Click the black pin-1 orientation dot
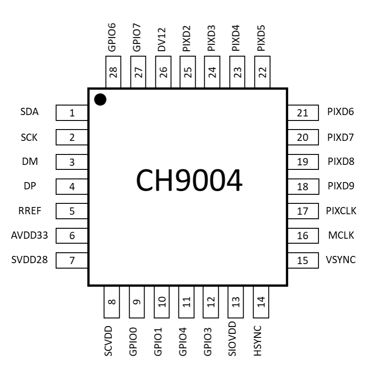click(x=100, y=99)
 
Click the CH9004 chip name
click(x=189, y=181)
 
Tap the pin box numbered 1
click(x=72, y=113)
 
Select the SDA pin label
click(x=29, y=112)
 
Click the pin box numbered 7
click(x=72, y=260)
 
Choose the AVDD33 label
click(x=29, y=235)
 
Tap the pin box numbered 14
click(x=260, y=302)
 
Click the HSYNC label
click(x=258, y=340)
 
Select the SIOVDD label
click(x=233, y=339)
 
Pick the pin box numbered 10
click(x=162, y=302)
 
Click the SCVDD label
click(x=108, y=341)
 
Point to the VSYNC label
click(x=341, y=260)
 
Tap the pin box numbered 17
click(x=303, y=211)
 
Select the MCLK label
click(x=341, y=235)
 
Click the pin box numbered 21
click(x=303, y=113)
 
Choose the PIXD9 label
click(x=341, y=186)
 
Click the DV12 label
click(x=162, y=39)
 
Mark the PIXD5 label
click(x=261, y=38)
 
